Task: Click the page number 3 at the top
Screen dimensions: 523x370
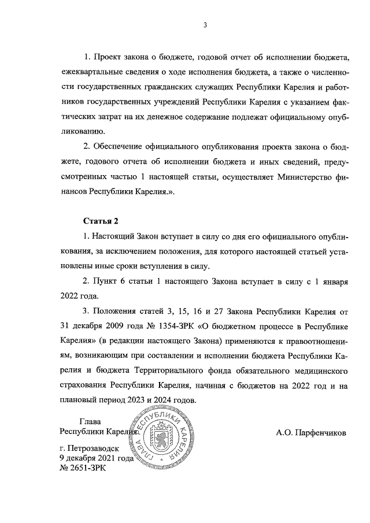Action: click(205, 24)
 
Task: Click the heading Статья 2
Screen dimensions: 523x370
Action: click(101, 221)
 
